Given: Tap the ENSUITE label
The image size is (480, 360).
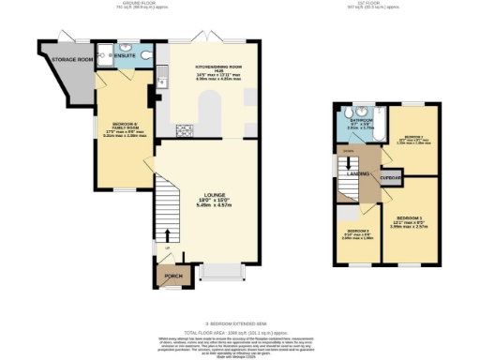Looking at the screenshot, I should [x=125, y=56].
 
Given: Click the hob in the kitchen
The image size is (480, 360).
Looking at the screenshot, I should [x=184, y=129].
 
